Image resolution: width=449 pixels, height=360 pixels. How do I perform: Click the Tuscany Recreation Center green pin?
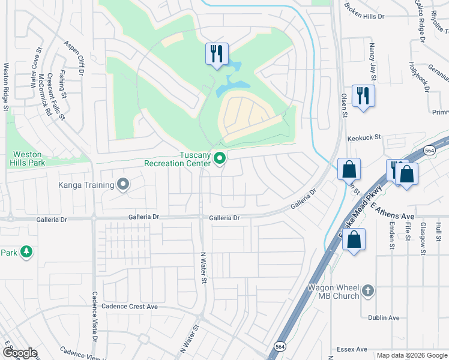(x=220, y=158)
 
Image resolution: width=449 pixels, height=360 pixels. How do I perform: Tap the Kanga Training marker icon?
(x=124, y=184)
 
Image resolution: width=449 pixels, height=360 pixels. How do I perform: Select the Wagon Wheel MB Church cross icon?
(x=369, y=292)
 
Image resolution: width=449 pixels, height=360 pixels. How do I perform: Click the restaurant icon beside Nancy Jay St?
(x=363, y=96)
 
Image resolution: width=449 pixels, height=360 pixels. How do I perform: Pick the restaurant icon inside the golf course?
(x=215, y=55)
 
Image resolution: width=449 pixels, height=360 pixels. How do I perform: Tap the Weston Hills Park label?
(x=27, y=158)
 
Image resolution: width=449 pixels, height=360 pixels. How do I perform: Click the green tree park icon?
(x=26, y=253)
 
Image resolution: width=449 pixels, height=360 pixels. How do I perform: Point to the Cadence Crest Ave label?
(x=131, y=306)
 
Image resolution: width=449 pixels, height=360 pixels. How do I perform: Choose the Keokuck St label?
(x=364, y=137)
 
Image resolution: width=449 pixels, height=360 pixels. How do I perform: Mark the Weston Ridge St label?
(x=6, y=86)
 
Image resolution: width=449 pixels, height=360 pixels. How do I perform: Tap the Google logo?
(x=20, y=352)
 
